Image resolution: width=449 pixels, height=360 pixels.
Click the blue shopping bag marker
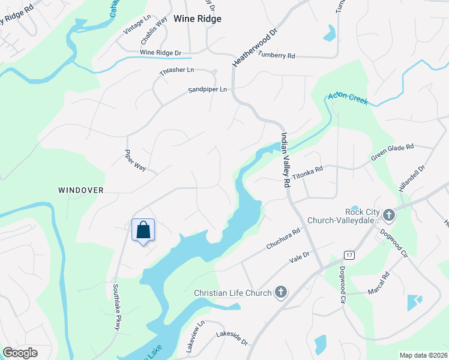click(143, 230)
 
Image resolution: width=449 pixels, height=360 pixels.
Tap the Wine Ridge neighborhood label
click(197, 19)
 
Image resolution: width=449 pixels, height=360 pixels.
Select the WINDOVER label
click(81, 190)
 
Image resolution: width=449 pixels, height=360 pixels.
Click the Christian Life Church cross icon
click(280, 293)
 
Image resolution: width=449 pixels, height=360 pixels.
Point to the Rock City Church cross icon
click(389, 214)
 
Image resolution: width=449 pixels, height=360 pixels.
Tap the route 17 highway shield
click(349, 255)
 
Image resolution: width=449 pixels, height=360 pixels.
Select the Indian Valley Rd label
click(285, 161)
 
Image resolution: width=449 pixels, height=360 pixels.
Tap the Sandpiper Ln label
click(208, 89)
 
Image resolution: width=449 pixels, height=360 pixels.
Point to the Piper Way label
click(135, 160)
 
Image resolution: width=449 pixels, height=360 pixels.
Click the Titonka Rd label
click(307, 169)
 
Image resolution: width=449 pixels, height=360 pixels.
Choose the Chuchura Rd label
click(283, 239)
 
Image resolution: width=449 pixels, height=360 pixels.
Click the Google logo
click(20, 353)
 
